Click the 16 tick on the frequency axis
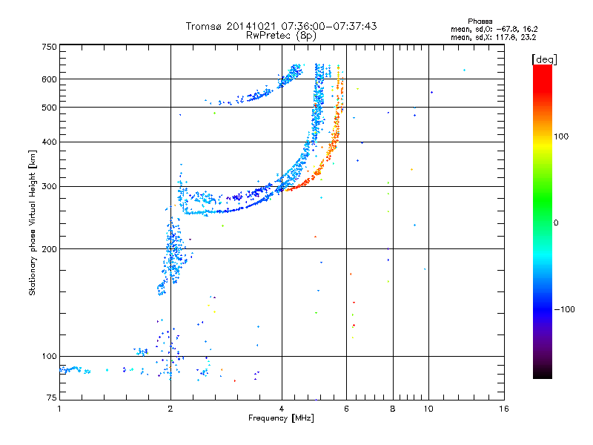(503, 408)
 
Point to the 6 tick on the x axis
(346, 408)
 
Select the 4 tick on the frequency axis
(282, 408)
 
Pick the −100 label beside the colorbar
(566, 309)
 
